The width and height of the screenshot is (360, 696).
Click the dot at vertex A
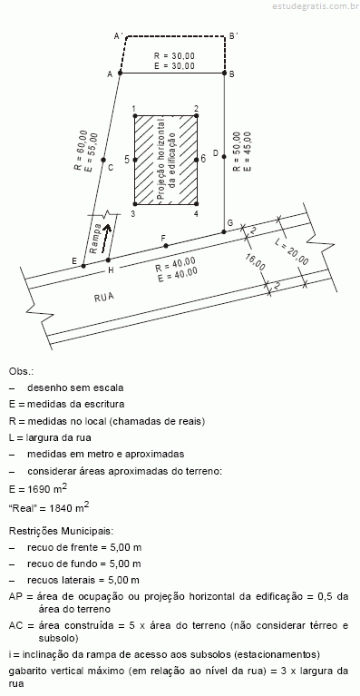(120, 74)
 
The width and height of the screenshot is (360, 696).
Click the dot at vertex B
(224, 74)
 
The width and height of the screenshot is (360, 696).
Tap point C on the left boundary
(102, 160)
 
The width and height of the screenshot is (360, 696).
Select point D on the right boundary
(224, 156)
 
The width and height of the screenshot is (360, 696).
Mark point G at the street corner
(224, 231)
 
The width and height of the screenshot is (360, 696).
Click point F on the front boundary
(166, 246)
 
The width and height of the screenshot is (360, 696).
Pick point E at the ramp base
(83, 266)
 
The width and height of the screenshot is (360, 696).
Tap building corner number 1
(135, 116)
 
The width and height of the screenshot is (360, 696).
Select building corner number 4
(197, 204)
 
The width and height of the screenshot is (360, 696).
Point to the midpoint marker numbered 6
(197, 160)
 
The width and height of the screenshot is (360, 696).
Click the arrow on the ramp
(105, 238)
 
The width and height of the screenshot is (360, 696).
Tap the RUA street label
(104, 298)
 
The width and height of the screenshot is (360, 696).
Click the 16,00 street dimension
(256, 261)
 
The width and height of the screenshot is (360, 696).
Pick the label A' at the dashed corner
(119, 35)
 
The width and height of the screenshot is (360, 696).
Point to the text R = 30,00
(174, 56)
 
